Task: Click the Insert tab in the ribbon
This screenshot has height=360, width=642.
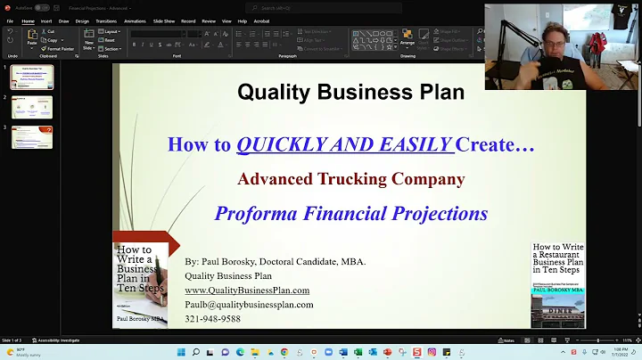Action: (45, 20)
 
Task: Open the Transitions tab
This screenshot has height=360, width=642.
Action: (105, 20)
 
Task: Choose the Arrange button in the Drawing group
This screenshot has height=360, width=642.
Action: (407, 39)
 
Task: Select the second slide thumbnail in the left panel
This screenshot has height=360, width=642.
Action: (32, 108)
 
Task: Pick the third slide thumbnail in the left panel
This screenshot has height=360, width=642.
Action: (32, 137)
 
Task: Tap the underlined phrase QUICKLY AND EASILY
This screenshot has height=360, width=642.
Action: (345, 144)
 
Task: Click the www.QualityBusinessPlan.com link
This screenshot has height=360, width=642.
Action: (247, 290)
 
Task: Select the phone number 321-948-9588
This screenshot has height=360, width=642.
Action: (212, 319)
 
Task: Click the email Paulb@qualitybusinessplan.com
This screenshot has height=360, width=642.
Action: (249, 305)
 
